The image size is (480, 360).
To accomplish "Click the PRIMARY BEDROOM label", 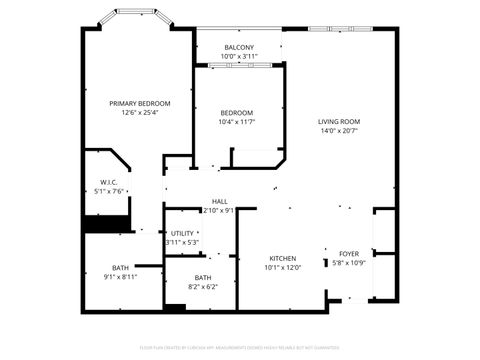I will pos(139,103).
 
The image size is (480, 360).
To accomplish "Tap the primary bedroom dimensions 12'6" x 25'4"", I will pos(139,113).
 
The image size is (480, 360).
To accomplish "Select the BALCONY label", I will pos(238,47).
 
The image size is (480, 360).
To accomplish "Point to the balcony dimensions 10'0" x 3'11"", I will pos(238,57).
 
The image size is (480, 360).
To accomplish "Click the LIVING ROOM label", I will pos(338,121).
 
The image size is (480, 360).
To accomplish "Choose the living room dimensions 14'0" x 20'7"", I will pos(338,131).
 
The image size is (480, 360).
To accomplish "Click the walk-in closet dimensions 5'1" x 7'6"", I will pos(109,191).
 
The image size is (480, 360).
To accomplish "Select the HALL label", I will pos(219,201).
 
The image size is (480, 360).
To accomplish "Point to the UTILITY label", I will pos(182,233).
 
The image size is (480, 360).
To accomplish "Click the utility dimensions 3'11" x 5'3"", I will pos(182,243).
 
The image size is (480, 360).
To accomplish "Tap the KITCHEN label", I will pos(282,257).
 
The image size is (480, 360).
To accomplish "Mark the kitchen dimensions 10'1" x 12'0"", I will pos(282,267).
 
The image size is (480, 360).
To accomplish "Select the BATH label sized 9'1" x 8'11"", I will pos(120,267).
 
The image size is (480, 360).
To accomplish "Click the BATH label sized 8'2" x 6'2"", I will pos(203,277).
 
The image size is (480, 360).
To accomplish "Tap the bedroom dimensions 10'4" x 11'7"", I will pos(237,122).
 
